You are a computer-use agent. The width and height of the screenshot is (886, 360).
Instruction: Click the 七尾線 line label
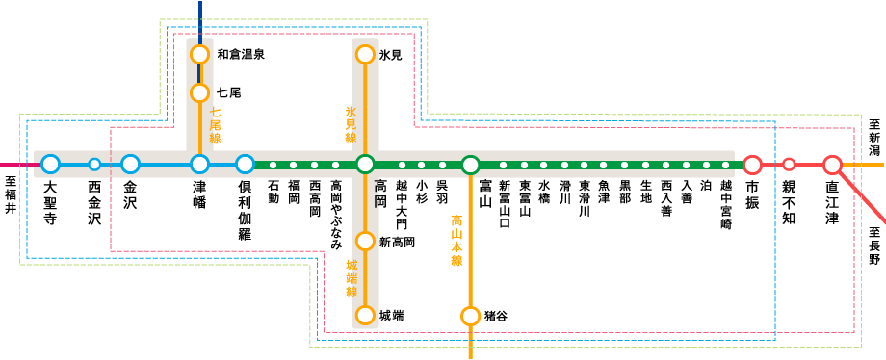click(x=216, y=126)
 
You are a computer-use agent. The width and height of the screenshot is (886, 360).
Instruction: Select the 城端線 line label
click(x=352, y=277)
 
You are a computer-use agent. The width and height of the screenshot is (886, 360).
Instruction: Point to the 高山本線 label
click(x=456, y=241)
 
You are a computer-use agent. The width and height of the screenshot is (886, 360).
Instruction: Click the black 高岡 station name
click(x=379, y=193)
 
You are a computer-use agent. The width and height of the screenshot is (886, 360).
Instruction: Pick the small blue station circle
click(x=94, y=164)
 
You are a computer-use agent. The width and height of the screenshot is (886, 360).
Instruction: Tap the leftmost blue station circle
click(x=50, y=164)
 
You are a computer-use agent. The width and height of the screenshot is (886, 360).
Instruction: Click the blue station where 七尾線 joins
click(x=199, y=164)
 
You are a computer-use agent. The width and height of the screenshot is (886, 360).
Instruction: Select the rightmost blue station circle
click(x=246, y=164)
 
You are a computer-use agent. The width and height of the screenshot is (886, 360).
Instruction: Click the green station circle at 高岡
click(x=365, y=164)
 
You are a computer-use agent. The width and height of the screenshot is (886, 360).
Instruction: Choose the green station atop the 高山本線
click(x=470, y=165)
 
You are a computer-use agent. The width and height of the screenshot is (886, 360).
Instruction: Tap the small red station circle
click(x=789, y=165)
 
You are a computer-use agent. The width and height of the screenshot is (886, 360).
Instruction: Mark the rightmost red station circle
click(x=832, y=165)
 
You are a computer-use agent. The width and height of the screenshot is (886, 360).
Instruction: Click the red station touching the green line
click(x=752, y=165)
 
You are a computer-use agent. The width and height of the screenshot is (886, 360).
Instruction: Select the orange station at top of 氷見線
click(x=365, y=54)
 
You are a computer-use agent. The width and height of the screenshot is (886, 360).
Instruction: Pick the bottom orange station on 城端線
click(x=365, y=315)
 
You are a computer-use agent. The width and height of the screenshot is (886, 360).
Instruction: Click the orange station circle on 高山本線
click(x=470, y=316)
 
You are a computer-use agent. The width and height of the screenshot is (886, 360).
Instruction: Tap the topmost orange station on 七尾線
click(x=199, y=54)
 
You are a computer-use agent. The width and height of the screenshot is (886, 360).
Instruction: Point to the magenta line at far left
click(x=14, y=165)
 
